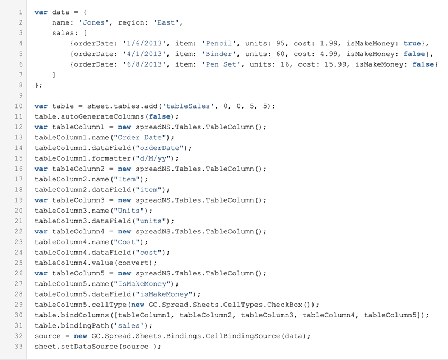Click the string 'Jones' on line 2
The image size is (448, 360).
[94, 22]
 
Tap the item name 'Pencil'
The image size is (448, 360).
[219, 44]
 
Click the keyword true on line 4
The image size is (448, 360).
[412, 44]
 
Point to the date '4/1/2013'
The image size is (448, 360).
[144, 54]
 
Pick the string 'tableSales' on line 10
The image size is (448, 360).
[188, 106]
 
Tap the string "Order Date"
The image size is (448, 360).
[140, 137]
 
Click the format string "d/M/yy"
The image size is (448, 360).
[153, 158]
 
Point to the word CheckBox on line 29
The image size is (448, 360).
[284, 305]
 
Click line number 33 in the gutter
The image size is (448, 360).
[18, 347]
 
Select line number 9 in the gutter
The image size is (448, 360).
[21, 96]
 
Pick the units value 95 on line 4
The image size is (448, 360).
[281, 44]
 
